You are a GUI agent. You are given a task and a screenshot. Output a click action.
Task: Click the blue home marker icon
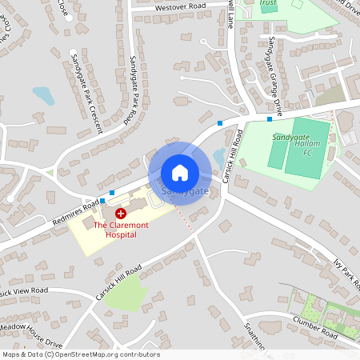pos(180,172)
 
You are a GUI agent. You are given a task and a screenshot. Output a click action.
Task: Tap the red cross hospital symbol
pos(120,214)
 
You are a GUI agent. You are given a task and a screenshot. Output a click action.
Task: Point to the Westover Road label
pos(180,6)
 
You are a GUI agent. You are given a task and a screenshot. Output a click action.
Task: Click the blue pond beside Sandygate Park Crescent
pos(43,96)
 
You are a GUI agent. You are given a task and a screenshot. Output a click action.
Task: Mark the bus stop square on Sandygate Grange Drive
pos(270,118)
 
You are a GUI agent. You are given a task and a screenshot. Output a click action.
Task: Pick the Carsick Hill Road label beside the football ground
pos(233,155)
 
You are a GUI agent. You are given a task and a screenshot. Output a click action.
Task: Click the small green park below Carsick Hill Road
pos(126,294)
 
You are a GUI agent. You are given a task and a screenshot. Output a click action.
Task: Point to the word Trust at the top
pos(268,3)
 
